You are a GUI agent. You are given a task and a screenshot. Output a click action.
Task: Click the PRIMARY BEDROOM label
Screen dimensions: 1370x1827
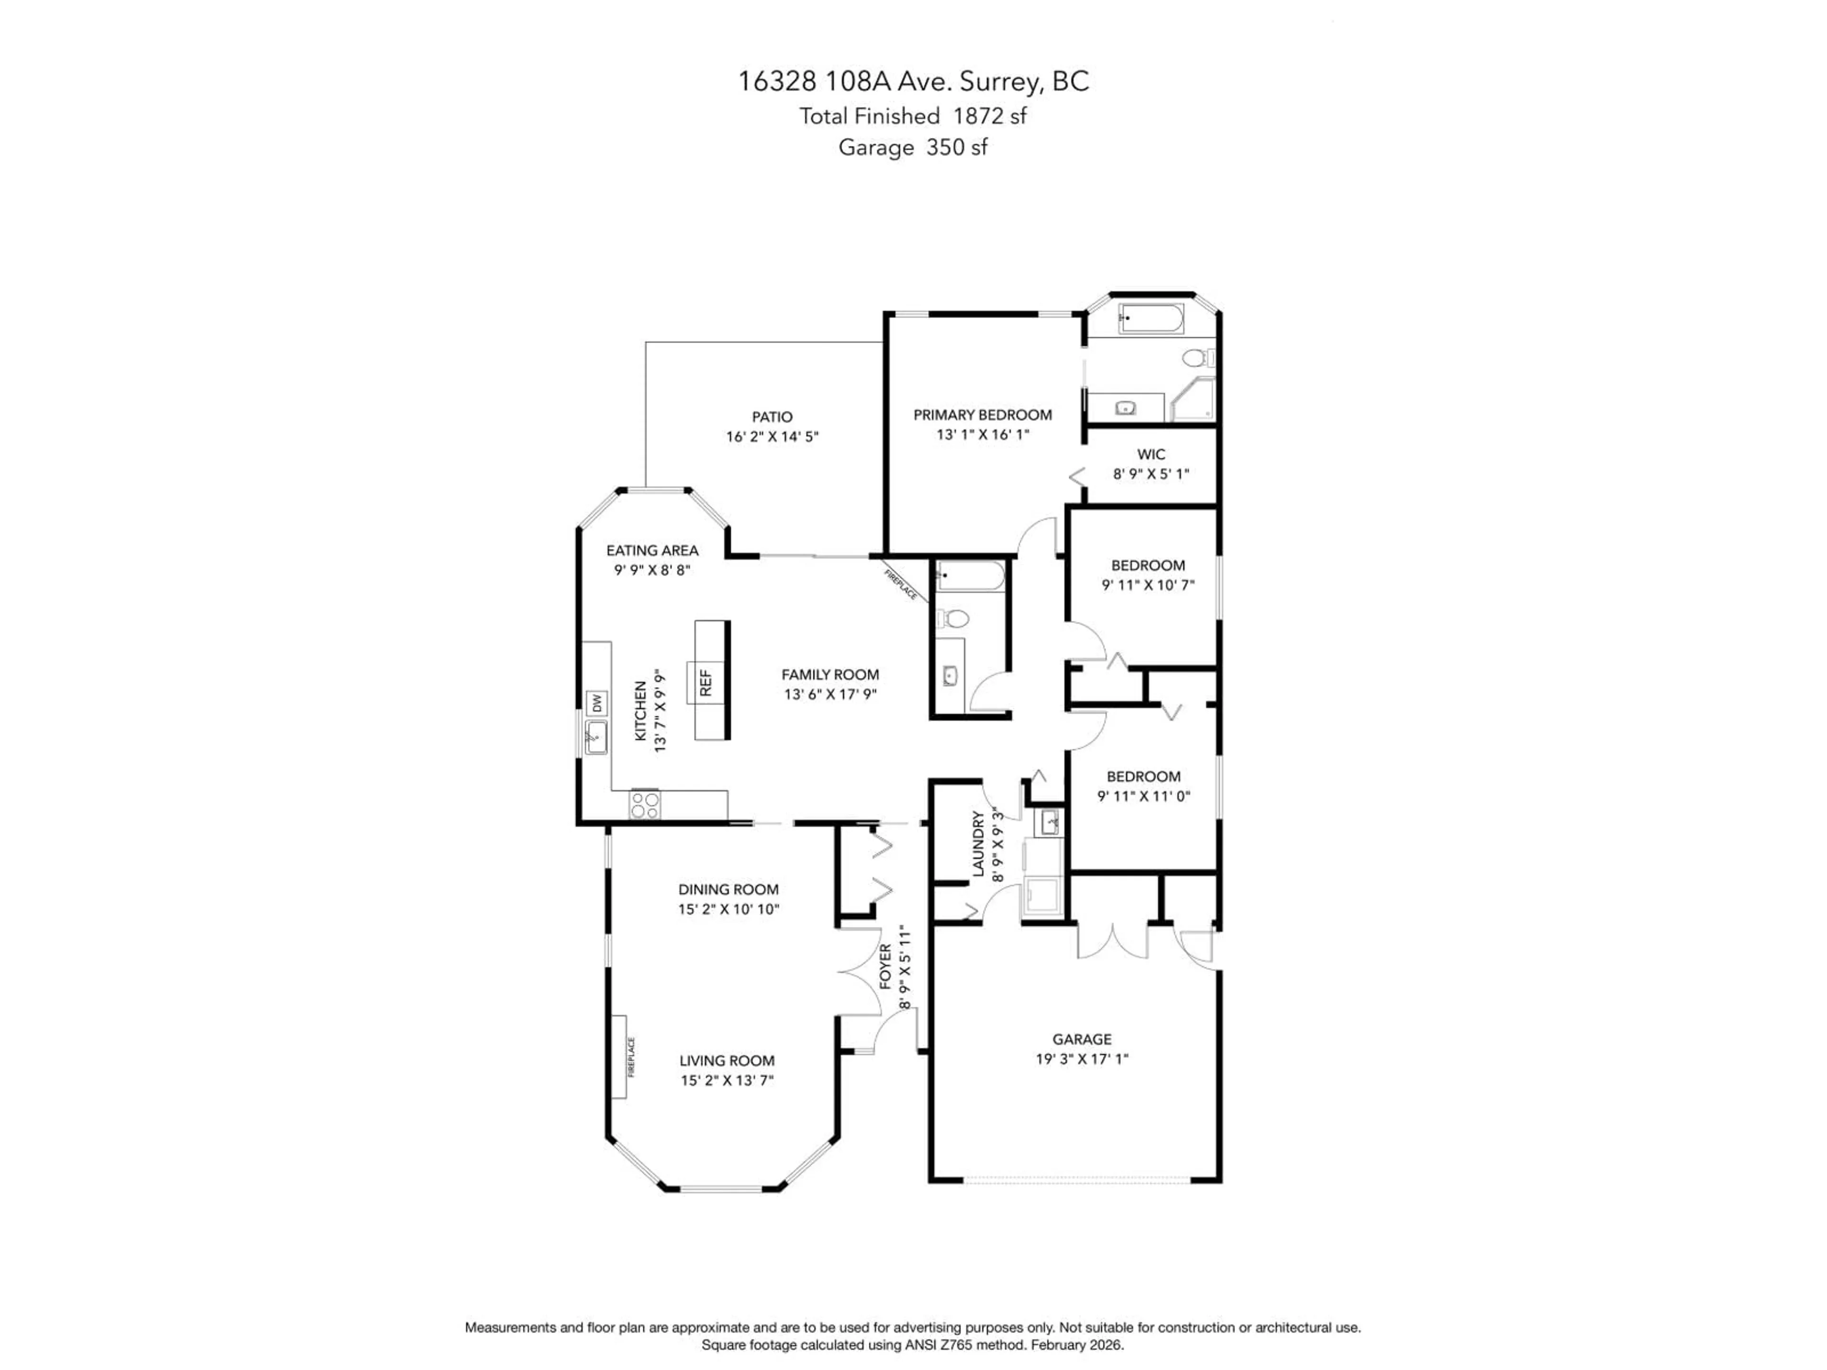pos(982,414)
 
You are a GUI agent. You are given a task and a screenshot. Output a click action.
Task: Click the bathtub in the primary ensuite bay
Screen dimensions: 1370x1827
pos(1150,319)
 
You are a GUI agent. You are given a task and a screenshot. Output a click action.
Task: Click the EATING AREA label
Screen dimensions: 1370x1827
pos(652,550)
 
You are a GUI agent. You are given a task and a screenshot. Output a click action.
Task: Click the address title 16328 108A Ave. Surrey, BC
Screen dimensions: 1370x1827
pos(913,81)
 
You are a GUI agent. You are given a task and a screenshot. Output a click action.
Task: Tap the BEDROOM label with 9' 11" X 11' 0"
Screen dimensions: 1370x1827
pos(1143,776)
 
